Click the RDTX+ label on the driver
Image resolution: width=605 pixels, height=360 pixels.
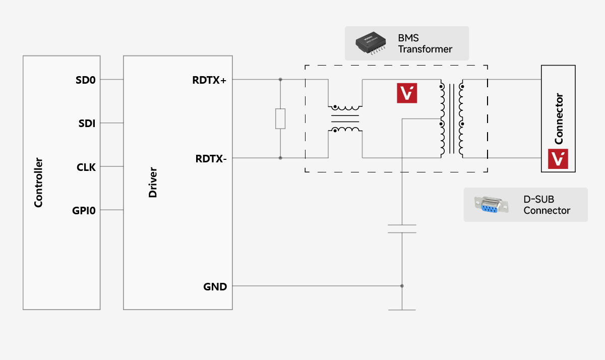point(209,80)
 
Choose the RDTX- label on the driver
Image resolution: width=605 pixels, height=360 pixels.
point(211,158)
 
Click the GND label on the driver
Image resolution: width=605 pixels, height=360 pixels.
point(215,286)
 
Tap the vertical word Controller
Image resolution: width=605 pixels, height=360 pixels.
point(38,183)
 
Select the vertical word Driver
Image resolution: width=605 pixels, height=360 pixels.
point(153,183)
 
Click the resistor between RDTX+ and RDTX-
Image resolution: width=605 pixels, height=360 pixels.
point(280,118)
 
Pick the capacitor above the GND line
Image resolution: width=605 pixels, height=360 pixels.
point(402,228)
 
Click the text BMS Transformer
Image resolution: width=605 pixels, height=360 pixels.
point(425,44)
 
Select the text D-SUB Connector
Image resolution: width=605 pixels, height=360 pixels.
point(547,205)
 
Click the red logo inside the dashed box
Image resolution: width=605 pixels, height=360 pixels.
point(407,93)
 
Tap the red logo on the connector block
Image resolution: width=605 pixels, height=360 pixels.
point(558,159)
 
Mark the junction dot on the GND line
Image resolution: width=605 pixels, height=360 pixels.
point(402,286)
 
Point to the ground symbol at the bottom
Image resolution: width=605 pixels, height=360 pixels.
point(402,309)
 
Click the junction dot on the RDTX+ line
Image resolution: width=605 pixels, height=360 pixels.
point(280,80)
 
